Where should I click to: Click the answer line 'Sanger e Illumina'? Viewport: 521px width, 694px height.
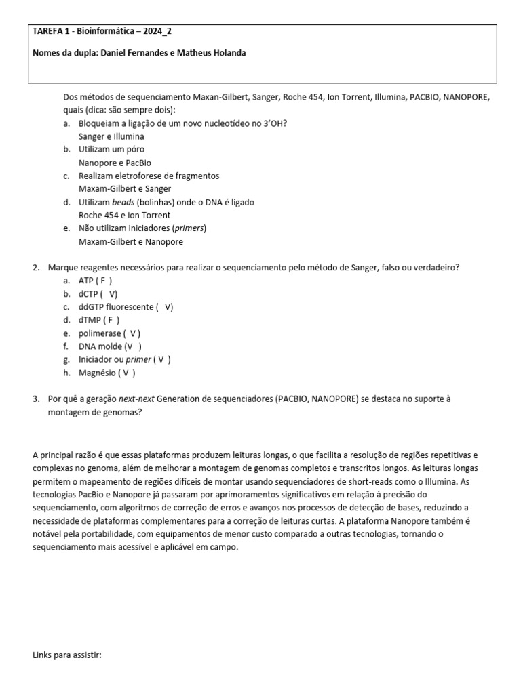click(x=111, y=136)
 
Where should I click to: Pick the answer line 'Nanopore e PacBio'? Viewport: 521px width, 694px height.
click(x=115, y=163)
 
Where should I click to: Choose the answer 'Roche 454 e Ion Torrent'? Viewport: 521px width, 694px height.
click(x=124, y=216)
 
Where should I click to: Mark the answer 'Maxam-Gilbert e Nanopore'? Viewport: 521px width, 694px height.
click(x=130, y=241)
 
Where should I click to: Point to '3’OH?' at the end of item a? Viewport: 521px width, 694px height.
click(x=275, y=123)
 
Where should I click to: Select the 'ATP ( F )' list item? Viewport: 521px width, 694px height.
click(x=95, y=281)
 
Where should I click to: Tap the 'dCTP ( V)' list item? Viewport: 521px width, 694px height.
click(x=98, y=293)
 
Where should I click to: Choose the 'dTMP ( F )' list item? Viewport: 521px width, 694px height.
click(x=99, y=320)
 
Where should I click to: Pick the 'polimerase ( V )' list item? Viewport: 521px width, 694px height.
click(x=109, y=333)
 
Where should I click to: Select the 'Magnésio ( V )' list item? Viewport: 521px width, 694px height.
click(x=107, y=373)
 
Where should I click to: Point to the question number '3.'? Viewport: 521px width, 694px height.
click(x=37, y=399)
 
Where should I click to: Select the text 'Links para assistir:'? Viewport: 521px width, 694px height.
click(x=66, y=655)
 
